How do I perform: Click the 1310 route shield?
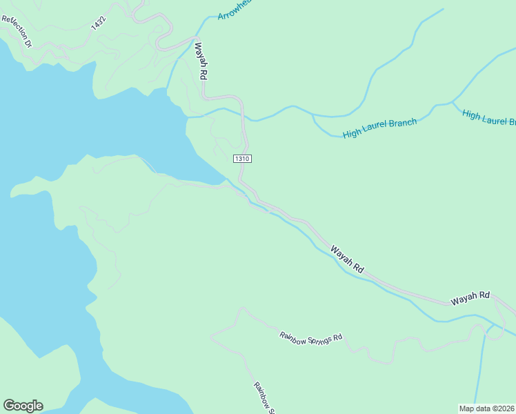tap(241, 159)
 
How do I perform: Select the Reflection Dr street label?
tap(17, 31)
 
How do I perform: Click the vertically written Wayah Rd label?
tap(201, 61)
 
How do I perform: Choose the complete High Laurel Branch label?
tap(379, 128)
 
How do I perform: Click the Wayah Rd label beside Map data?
tap(470, 298)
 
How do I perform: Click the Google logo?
tap(23, 406)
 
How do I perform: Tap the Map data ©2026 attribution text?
tap(487, 408)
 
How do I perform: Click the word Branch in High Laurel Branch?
tap(402, 124)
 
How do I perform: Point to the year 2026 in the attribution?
tap(506, 408)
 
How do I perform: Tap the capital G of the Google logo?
tap(9, 406)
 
